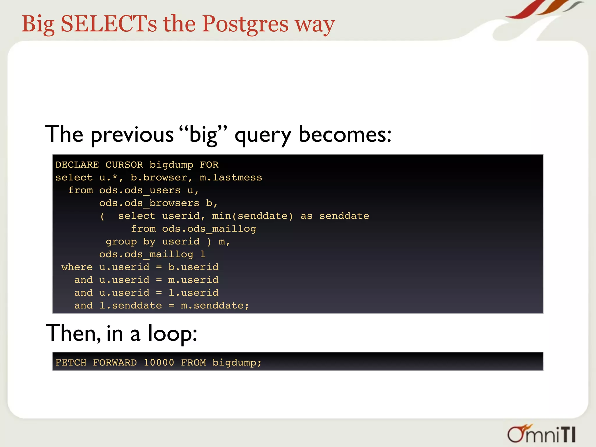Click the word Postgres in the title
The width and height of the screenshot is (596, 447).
[x=245, y=24]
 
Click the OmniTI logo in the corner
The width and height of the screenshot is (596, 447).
[x=541, y=434]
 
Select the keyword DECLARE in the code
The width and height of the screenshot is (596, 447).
[x=77, y=165]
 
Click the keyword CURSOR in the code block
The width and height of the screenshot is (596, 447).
[x=124, y=165]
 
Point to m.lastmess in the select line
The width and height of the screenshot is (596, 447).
[x=231, y=178]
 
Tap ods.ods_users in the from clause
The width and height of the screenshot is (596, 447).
[x=140, y=190]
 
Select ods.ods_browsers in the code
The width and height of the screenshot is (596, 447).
[x=149, y=203]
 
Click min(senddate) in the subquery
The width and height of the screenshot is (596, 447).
[x=252, y=216]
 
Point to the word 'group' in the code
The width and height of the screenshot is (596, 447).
[x=121, y=242]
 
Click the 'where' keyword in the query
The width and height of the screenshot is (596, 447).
[x=77, y=267]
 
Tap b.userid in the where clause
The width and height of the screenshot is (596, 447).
[x=193, y=267]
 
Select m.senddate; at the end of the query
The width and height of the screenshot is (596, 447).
[x=215, y=306]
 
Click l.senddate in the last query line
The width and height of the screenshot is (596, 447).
[x=130, y=306]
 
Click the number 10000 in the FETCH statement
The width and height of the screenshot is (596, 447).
[x=159, y=363]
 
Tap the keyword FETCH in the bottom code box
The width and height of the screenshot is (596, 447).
[x=71, y=363]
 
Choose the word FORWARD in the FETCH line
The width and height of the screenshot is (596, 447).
[x=115, y=363]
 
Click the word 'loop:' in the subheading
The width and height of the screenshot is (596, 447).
[x=172, y=333]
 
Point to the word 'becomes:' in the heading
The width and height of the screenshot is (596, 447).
[x=345, y=134]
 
